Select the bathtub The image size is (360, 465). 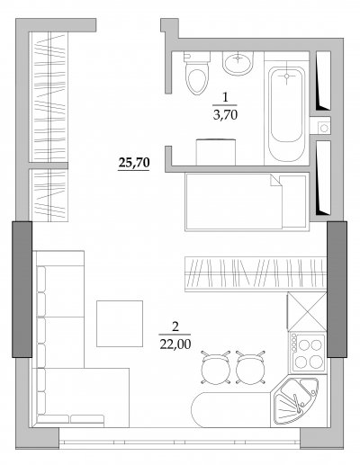pos(286,114)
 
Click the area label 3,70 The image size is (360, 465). pos(225,115)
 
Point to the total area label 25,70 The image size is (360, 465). pos(134,163)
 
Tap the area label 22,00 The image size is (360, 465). pos(175,344)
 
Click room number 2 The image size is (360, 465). pos(175,326)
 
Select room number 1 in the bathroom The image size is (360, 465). pos(225,98)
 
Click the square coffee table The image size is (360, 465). pos(120,324)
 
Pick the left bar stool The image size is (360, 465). pos(216,368)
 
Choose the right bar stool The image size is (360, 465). pos(250,368)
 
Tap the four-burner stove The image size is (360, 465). pos(308,353)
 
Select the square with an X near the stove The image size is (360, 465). pos(307,311)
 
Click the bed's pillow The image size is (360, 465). pos(294,201)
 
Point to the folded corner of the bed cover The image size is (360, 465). pos(275,181)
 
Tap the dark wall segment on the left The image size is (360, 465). pos(22,290)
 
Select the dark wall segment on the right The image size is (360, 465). pos(337,290)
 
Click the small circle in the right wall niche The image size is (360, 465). pos(324,129)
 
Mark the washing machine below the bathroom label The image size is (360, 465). pos(216,152)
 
